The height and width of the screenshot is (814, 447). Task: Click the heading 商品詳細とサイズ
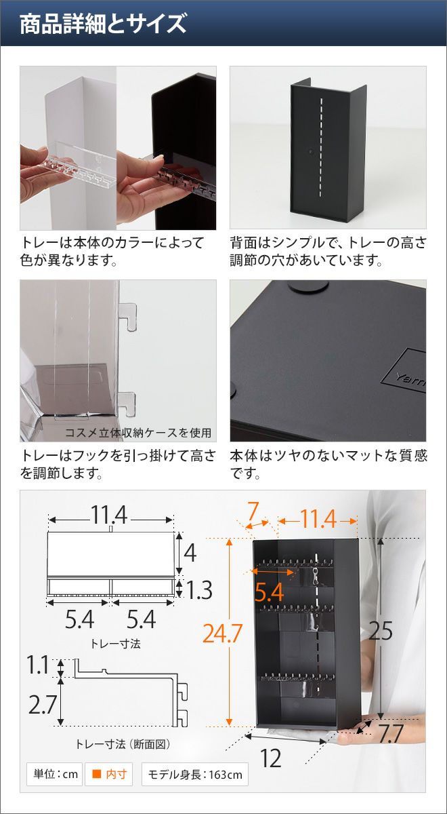pyautogui.click(x=103, y=24)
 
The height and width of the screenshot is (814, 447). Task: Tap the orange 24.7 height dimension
pyautogui.click(x=222, y=633)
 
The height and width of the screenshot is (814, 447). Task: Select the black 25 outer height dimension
pyautogui.click(x=381, y=630)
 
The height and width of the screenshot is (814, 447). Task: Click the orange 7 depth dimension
pyautogui.click(x=253, y=510)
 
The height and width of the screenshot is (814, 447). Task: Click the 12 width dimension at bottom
pyautogui.click(x=271, y=758)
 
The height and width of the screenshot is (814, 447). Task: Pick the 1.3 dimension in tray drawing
pyautogui.click(x=199, y=589)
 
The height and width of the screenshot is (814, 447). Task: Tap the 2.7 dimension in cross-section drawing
pyautogui.click(x=43, y=704)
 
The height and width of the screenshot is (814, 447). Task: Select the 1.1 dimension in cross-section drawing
pyautogui.click(x=37, y=665)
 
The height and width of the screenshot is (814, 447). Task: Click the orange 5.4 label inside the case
pyautogui.click(x=269, y=592)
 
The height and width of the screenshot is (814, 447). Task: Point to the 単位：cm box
pyautogui.click(x=55, y=774)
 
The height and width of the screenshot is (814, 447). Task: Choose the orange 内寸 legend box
pyautogui.click(x=109, y=774)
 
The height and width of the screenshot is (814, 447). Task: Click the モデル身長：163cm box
pyautogui.click(x=195, y=774)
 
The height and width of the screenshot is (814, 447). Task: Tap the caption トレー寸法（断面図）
pyautogui.click(x=123, y=744)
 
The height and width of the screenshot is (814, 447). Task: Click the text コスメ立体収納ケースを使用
pyautogui.click(x=138, y=433)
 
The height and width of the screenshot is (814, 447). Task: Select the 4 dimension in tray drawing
pyautogui.click(x=190, y=553)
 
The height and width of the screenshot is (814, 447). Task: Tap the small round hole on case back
pyautogui.click(x=311, y=150)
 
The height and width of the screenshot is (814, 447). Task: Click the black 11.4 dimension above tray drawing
pyautogui.click(x=109, y=515)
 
